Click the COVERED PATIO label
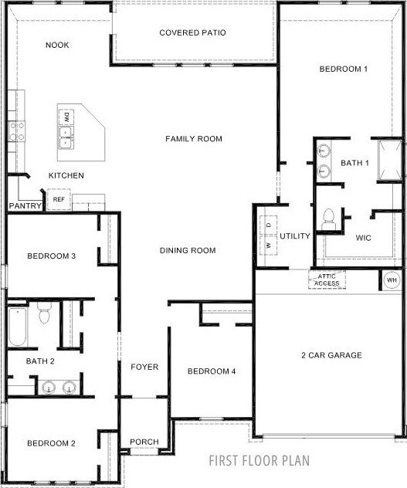[x=192, y=32]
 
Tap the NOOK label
[x=57, y=45]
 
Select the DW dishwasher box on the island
[x=66, y=117]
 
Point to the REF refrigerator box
[x=59, y=199]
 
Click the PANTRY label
[x=25, y=205]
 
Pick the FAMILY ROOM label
[x=194, y=139]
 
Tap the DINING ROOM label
[x=188, y=250]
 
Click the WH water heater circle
[x=392, y=280]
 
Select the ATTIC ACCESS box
[x=327, y=280]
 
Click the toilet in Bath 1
[x=328, y=219]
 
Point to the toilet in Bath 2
[x=45, y=313]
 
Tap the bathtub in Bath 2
[x=18, y=327]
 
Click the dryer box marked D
[x=269, y=225]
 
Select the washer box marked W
[x=269, y=246]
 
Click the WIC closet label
[x=364, y=238]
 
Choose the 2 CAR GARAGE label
[x=331, y=355]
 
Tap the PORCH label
[x=144, y=442]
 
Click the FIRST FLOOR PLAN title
[x=259, y=461]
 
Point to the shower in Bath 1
[x=390, y=161]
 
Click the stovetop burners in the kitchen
[x=16, y=131]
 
